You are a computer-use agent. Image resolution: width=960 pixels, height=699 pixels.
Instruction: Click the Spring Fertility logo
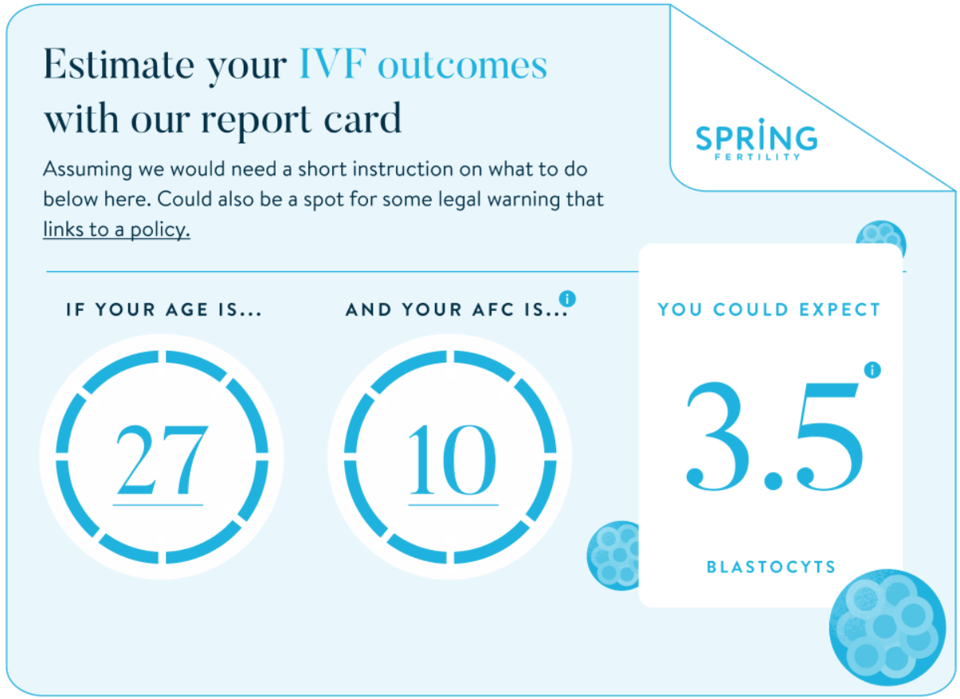pos(756,139)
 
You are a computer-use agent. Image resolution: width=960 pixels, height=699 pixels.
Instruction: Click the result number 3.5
pos(774,436)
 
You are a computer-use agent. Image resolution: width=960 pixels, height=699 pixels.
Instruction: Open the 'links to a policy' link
pos(116,230)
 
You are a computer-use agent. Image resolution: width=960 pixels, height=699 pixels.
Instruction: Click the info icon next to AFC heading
pos(567,299)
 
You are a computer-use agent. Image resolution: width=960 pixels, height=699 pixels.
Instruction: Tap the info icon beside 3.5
pos(872,370)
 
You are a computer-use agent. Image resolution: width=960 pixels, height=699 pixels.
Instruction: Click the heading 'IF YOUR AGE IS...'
pos(164,310)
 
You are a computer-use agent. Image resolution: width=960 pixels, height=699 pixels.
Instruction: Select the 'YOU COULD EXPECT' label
pos(770,310)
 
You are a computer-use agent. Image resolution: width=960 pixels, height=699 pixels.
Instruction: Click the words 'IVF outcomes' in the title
pos(423,65)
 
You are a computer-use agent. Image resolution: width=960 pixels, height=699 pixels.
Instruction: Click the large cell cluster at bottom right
pos(887,629)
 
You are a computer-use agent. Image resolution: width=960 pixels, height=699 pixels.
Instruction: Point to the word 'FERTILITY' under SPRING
pos(756,157)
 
